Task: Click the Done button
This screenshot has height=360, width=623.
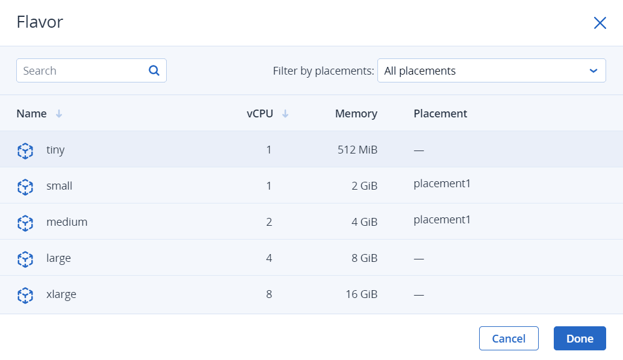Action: coord(580,338)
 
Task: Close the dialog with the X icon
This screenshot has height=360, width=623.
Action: coord(600,23)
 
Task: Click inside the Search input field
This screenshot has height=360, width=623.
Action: coord(84,70)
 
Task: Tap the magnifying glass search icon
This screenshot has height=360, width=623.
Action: coord(154,70)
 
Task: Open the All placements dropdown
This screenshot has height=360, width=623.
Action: coord(492,70)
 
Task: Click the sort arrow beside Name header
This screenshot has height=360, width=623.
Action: coord(59,114)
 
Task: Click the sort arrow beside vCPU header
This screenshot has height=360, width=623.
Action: coord(285,114)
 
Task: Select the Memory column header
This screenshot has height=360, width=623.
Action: coord(356,114)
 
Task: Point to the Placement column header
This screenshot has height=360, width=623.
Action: coord(440,114)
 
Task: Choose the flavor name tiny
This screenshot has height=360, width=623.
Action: coord(55,150)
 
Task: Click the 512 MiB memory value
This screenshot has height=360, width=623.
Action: coord(357,150)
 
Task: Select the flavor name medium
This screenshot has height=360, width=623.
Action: coord(67,222)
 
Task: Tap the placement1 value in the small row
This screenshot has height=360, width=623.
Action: coord(442,184)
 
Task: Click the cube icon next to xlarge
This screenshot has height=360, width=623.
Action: coord(25,295)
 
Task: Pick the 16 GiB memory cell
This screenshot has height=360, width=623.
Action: coord(361,294)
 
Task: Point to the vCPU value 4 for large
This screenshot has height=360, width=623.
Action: coord(269,258)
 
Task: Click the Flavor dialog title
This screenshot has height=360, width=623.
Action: coord(40,22)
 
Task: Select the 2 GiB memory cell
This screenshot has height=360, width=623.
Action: coord(364,185)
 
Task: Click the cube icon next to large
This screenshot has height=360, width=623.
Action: coord(25,259)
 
